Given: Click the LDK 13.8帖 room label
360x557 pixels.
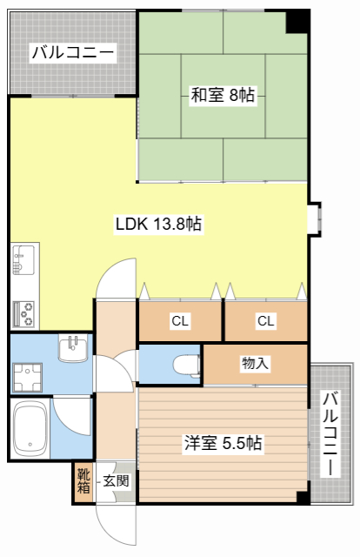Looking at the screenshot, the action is (159, 225).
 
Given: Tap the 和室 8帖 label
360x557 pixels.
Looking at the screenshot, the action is (223, 95).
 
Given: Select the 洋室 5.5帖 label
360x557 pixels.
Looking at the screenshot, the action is (223, 443).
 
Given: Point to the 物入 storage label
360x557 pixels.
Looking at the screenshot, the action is (255, 364).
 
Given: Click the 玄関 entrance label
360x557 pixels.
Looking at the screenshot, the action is (116, 481).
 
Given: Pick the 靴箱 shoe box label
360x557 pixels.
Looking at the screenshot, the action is (83, 480).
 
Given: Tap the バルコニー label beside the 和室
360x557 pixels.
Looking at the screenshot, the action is (73, 53).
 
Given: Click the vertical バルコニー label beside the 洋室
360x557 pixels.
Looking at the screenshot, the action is (330, 433).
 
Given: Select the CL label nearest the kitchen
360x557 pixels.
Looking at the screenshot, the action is (180, 321).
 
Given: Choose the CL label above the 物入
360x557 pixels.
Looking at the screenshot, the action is (266, 321).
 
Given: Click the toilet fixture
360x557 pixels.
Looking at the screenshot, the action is (187, 366).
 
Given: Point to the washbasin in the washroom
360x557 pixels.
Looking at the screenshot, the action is (73, 349).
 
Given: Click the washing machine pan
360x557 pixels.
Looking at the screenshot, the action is (27, 378).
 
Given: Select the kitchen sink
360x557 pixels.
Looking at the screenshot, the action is (23, 259).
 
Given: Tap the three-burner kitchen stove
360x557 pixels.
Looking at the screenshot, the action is (23, 314).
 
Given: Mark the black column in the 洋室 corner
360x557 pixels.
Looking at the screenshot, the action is (303, 497).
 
